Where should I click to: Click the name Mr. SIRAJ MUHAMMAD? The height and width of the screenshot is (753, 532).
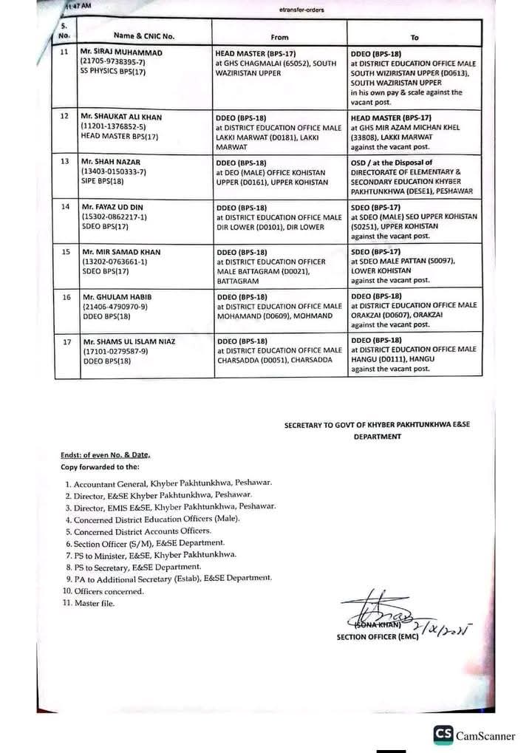[x=123, y=54]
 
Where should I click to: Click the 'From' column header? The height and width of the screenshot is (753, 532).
[x=279, y=37]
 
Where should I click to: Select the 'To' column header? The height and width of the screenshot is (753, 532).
[x=414, y=37]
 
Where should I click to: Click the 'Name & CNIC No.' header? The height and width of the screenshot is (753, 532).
[x=143, y=35]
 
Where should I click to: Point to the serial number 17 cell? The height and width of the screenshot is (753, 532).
[x=66, y=341]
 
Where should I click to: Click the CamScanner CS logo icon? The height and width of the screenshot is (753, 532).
[x=443, y=734]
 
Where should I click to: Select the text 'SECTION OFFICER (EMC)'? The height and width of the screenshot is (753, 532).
[x=377, y=636]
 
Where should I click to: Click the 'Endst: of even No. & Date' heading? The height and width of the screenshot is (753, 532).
[x=110, y=456]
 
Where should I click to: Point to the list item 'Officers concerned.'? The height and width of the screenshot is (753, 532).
[x=109, y=591]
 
